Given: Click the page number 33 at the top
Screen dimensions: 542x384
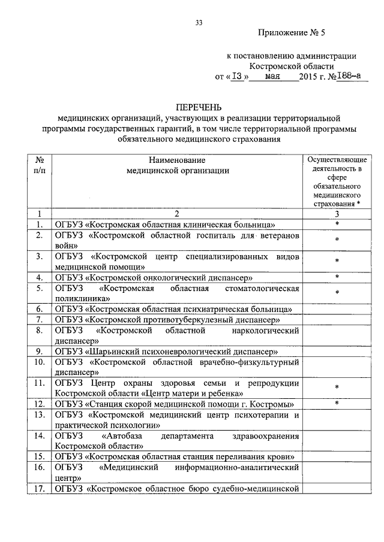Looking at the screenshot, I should [199, 23].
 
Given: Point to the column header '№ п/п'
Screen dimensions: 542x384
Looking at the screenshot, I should [38, 165].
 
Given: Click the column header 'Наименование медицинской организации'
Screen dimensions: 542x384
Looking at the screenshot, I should [178, 165].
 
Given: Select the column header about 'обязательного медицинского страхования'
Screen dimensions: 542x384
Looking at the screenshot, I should [337, 182].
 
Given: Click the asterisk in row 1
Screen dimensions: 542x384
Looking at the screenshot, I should [337, 224].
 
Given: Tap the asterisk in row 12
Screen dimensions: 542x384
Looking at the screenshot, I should [337, 403].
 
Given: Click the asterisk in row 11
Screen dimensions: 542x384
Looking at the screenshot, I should [337, 387].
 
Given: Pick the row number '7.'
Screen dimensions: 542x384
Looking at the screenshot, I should [38, 320].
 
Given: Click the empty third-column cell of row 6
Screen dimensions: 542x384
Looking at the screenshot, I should [337, 309].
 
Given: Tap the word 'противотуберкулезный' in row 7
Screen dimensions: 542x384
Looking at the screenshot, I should [191, 320].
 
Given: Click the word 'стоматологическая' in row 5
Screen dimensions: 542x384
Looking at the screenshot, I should [262, 289].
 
